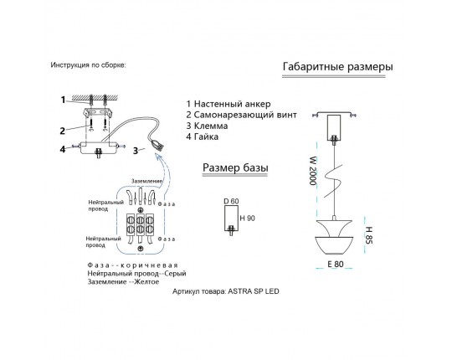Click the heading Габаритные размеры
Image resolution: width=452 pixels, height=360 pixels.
point(337,67)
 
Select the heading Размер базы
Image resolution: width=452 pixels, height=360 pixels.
point(235,167)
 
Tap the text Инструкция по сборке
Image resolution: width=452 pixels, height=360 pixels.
point(88,64)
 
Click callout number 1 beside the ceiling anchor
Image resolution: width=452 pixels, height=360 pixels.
point(63,100)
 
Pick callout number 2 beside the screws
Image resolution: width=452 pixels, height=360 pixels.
point(62,131)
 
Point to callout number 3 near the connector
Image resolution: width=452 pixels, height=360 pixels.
point(136,151)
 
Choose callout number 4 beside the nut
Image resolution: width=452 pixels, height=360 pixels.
point(63,149)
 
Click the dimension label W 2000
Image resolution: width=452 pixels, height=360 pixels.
point(313,171)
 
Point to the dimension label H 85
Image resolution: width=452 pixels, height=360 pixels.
point(369,235)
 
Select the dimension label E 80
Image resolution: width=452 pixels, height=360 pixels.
point(336,264)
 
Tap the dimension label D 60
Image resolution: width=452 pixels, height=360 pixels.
point(231,201)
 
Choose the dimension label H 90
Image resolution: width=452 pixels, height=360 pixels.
point(247,219)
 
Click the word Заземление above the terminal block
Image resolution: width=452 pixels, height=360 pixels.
point(147,181)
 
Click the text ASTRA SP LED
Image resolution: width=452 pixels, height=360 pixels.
point(254,291)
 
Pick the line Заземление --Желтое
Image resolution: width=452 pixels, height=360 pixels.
point(123,281)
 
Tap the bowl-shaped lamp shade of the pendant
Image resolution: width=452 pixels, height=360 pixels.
point(334,246)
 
